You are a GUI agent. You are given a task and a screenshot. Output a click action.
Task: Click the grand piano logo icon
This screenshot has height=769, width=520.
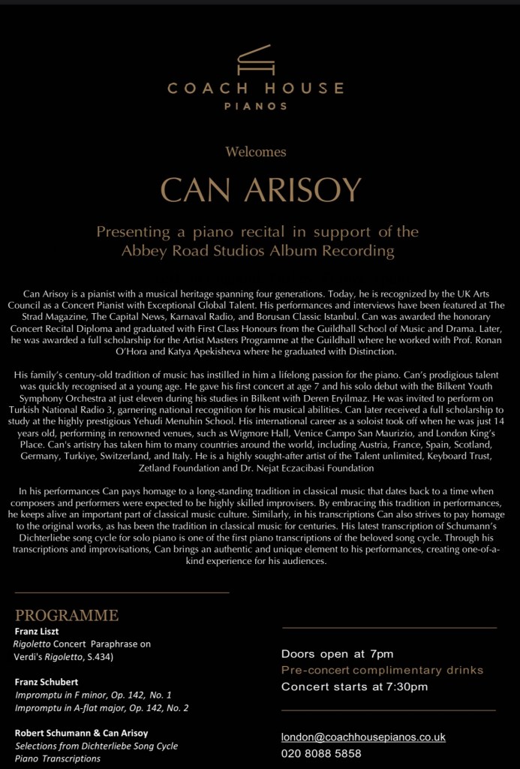[x=256, y=61]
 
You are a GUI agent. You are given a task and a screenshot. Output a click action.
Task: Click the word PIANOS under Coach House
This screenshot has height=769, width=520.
[x=256, y=106]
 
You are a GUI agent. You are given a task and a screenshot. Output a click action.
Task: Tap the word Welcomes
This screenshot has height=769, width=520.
[x=256, y=152]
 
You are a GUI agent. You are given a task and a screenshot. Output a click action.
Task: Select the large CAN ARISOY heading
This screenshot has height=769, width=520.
[x=261, y=190]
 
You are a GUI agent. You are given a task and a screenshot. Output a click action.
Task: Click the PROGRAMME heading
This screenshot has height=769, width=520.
[x=67, y=616]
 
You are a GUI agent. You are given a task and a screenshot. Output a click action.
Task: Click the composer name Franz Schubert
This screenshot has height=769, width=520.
[x=47, y=682]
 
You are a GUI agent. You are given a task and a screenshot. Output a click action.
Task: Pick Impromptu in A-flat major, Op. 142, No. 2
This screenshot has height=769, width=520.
[x=102, y=707]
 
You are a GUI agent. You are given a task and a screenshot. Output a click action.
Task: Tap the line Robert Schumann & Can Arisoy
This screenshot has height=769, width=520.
[x=82, y=733]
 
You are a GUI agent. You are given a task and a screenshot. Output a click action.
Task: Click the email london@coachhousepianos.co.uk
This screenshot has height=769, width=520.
[x=363, y=737]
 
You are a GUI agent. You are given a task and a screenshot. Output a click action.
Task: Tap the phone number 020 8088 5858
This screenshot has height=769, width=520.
[x=321, y=753]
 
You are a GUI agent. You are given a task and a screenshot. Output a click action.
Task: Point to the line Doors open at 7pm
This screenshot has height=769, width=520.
[x=337, y=653]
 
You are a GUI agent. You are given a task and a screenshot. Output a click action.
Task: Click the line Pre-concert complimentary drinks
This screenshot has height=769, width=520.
[x=382, y=670]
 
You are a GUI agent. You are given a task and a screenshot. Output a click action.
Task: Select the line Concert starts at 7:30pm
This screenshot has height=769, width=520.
[x=354, y=686]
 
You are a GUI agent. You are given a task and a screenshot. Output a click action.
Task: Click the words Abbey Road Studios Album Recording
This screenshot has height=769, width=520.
[x=257, y=251]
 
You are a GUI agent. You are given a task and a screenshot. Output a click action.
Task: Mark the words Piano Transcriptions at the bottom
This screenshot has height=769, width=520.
[x=58, y=758]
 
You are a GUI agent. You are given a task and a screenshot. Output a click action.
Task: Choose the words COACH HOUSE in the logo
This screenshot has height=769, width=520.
[x=256, y=89]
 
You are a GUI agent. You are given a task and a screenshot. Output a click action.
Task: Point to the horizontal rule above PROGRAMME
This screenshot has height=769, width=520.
[x=122, y=593]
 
